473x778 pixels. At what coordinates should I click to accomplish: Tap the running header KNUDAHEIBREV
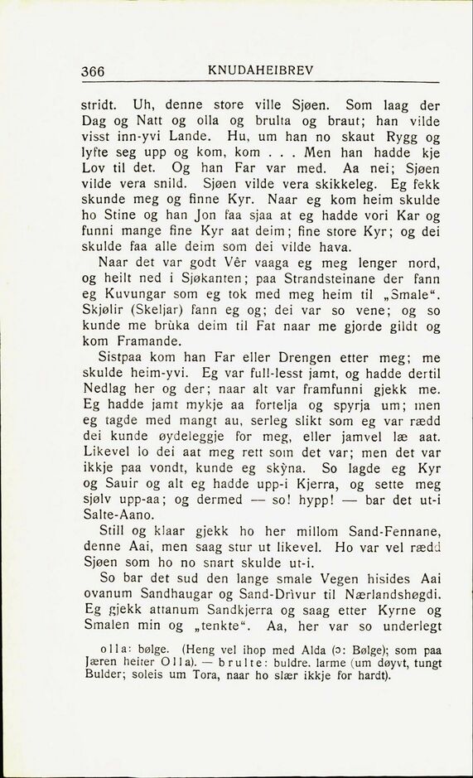[260, 70]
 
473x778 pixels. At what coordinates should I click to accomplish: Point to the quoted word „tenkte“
[186, 626]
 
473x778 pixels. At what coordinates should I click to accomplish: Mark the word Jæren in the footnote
[101, 663]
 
